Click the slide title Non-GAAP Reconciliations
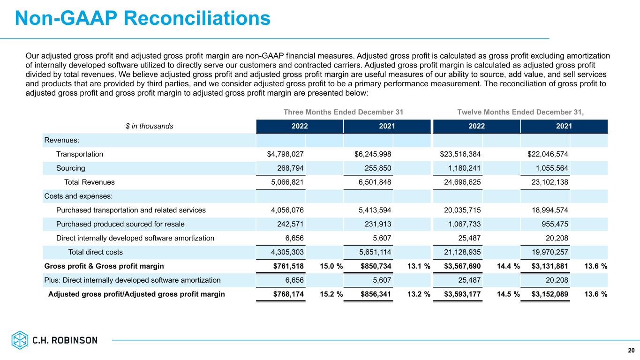coord(143,18)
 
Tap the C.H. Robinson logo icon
coord(20,340)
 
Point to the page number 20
coord(631,351)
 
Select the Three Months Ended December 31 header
coord(343,112)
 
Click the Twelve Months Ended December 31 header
coord(520,112)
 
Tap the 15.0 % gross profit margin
coord(331,266)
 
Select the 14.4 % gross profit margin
coord(508,266)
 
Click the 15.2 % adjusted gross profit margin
coord(331,294)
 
